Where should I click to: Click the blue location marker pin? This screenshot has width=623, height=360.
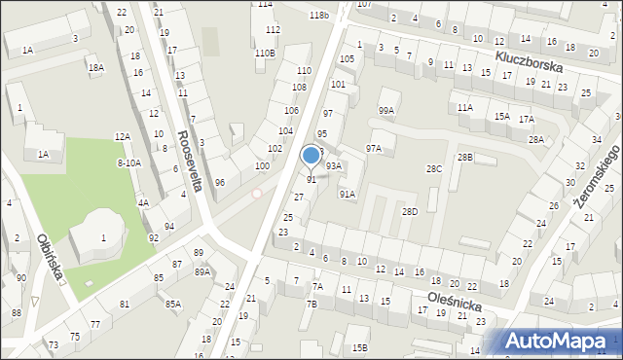pos(311,156)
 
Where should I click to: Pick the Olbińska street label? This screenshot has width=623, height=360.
pos(51,255)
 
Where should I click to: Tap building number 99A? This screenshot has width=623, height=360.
pos(386,111)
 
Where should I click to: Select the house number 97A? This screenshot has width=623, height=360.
pos(374,148)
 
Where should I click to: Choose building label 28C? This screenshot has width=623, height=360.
pos(434,169)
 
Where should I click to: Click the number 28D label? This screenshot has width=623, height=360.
pos(410,211)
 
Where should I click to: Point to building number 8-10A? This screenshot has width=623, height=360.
pos(128,162)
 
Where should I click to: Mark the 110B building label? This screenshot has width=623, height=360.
pos(265,53)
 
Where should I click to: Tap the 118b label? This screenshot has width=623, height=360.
pos(319,16)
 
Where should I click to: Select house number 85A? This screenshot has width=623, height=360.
pos(172,305)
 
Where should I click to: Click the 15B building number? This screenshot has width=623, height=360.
pos(360,347)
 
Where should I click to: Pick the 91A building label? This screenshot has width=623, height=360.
pos(347,195)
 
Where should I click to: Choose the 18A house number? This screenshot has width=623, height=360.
pos(95,68)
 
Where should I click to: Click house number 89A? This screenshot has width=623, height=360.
pos(202,272)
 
